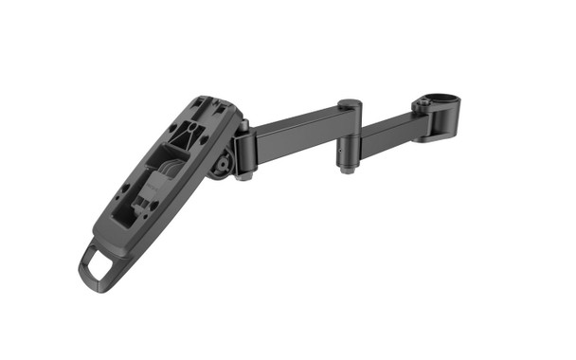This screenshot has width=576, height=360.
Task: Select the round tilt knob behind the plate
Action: pyautogui.click(x=222, y=165)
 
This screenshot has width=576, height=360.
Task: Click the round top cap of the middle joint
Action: pyautogui.click(x=349, y=103)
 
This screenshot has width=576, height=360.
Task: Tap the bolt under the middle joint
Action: pyautogui.click(x=346, y=171)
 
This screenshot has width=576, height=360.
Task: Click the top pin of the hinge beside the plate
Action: pyautogui.click(x=243, y=125)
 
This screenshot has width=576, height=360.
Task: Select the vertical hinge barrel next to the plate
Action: pyautogui.click(x=243, y=152)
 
